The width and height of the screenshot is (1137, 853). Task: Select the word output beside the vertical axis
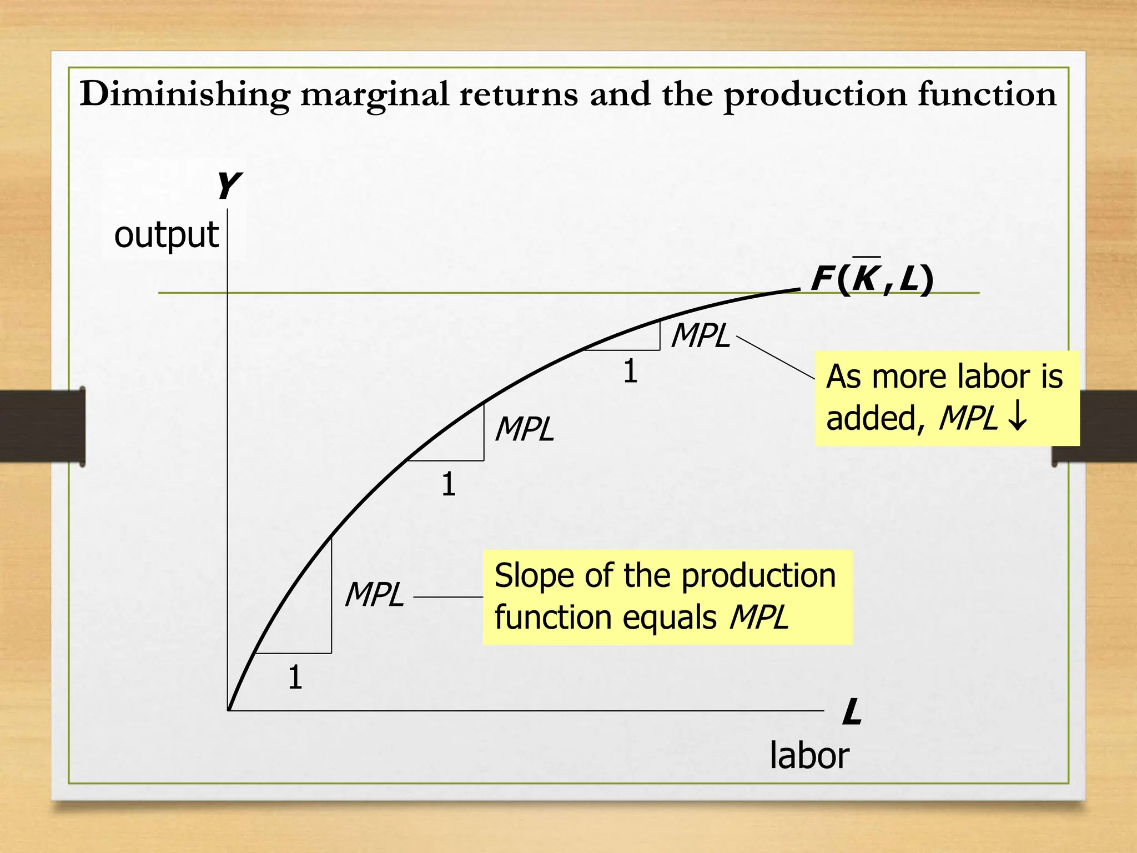coord(166,235)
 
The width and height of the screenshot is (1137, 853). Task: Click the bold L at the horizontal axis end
coord(852,712)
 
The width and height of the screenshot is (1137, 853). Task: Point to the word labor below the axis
coord(809,756)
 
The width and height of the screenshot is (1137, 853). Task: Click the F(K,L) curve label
coord(872,279)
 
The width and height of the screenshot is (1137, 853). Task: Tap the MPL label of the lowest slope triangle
coord(374,595)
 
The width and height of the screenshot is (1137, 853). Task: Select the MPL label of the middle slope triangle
coord(525,429)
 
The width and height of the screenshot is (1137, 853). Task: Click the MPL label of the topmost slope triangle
coord(701,336)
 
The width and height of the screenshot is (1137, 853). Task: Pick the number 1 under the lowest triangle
coord(295,678)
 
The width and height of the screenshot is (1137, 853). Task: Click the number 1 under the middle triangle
coord(449,484)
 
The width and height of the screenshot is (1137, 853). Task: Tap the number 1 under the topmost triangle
coord(630,371)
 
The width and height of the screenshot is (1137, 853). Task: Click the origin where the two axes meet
coord(228,710)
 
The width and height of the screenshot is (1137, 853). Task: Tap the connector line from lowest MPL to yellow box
coord(448,597)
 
